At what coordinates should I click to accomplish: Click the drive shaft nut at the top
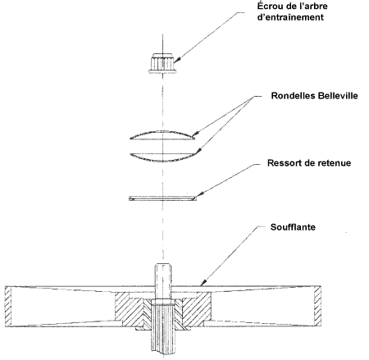tap(162, 63)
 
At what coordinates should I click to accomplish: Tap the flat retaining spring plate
tap(162, 198)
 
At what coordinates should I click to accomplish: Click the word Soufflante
tap(293, 227)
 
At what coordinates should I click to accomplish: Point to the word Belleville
tap(336, 96)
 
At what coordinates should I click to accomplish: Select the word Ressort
tap(286, 163)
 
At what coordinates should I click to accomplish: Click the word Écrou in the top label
tap(271, 6)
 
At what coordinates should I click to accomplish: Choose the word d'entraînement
tap(290, 17)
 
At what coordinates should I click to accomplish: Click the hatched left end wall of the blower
tap(8, 306)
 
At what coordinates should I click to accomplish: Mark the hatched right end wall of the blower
tap(317, 306)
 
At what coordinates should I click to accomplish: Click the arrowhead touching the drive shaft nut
tap(176, 60)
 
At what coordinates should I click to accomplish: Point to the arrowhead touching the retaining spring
tap(199, 194)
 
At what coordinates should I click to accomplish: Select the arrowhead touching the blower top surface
tap(203, 283)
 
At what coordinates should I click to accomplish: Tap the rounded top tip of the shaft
tap(163, 265)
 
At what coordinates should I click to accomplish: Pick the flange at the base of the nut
tap(162, 71)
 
